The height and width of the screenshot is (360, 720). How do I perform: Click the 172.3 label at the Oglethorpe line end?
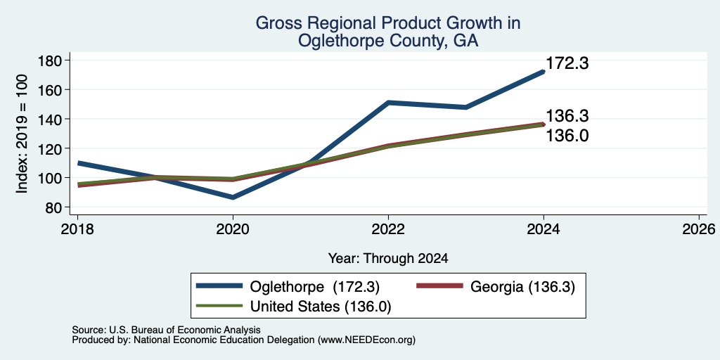[x=567, y=63]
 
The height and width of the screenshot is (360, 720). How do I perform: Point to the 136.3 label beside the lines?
[x=567, y=117]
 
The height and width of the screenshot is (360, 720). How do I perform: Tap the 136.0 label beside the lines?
[x=567, y=136]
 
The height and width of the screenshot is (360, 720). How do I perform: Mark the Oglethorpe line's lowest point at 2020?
[x=233, y=198]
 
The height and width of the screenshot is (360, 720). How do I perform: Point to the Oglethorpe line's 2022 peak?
[x=388, y=103]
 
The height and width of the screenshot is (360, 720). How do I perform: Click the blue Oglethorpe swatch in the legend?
[x=219, y=286]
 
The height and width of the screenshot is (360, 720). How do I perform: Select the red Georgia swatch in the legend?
[x=439, y=286]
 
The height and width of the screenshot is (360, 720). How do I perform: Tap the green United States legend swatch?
[x=219, y=305]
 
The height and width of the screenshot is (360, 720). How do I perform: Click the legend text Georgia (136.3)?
[x=522, y=287]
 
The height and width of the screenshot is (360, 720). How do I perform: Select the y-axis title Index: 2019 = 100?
[x=22, y=134]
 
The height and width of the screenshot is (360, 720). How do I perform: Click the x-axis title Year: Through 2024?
[x=388, y=259]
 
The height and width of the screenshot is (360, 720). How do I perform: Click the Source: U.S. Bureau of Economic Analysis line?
[x=166, y=330]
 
